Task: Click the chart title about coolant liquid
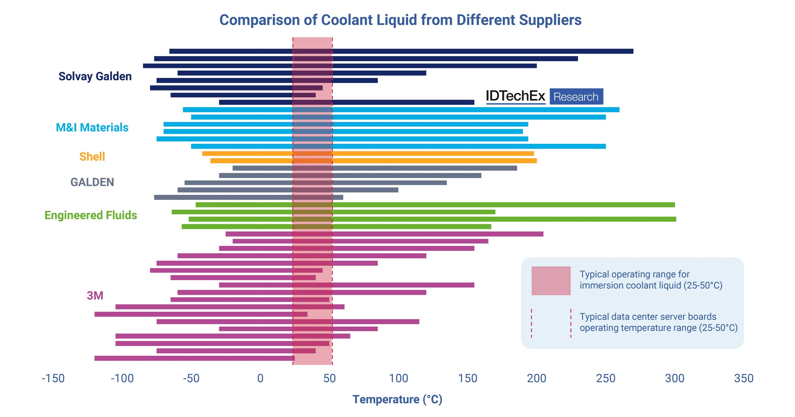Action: pos(400,20)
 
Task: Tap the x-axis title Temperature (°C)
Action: pos(397,399)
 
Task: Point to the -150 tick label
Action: pos(53,378)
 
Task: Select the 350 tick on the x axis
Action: pos(743,378)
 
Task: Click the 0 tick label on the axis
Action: pos(260,378)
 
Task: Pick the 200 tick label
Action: pos(536,378)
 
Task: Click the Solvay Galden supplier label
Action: pos(95,76)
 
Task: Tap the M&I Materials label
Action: pos(92,127)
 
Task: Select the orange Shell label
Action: pos(92,157)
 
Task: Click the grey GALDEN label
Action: pos(92,182)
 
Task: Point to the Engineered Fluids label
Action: pos(91,215)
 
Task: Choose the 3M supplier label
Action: pos(95,295)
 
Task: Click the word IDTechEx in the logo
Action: pos(515,96)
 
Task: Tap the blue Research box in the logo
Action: pos(576,97)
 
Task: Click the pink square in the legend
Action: pos(551,280)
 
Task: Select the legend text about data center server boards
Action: pos(658,322)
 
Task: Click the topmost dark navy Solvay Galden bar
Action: pos(401,51)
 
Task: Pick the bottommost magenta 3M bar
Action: pos(194,358)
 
